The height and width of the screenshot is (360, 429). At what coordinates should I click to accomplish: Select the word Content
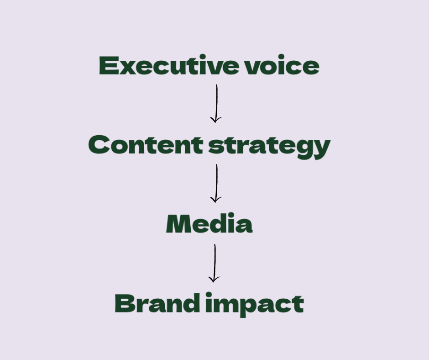point(146,145)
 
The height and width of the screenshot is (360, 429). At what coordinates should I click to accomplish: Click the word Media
point(209,224)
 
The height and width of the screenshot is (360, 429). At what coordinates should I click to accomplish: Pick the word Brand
point(157,303)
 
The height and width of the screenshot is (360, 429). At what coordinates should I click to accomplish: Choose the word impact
point(255,304)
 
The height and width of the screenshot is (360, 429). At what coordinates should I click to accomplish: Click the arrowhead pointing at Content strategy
point(216,120)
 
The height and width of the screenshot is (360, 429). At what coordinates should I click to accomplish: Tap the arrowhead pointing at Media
point(216,199)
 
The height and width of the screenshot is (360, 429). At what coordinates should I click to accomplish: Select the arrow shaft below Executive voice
point(217,101)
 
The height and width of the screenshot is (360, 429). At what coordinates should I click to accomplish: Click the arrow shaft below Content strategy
point(216,180)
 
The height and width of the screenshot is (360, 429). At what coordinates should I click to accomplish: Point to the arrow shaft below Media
point(214,260)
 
